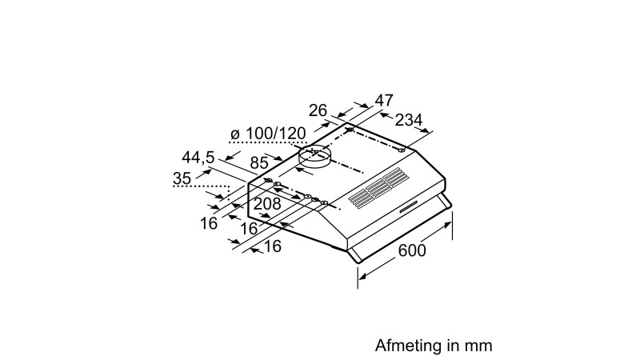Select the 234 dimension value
(409, 120)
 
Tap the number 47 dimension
(384, 101)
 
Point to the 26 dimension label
(318, 110)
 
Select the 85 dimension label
(258, 163)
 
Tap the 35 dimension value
(182, 178)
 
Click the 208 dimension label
(266, 204)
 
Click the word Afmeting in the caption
(407, 346)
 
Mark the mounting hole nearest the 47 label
(350, 130)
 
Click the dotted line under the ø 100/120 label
(268, 143)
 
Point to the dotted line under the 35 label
(200, 189)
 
